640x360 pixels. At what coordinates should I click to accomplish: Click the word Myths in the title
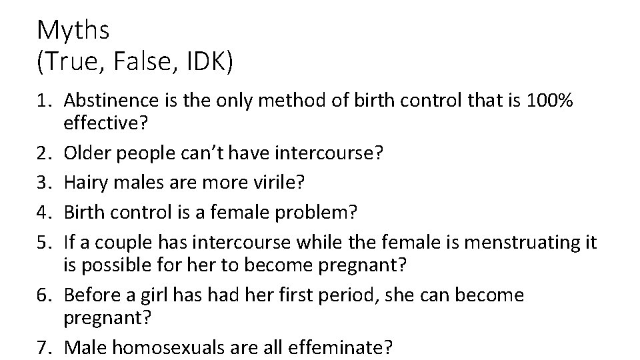click(73, 29)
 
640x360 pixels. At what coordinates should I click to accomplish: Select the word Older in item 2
click(86, 153)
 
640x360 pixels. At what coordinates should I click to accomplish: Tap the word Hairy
click(85, 183)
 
